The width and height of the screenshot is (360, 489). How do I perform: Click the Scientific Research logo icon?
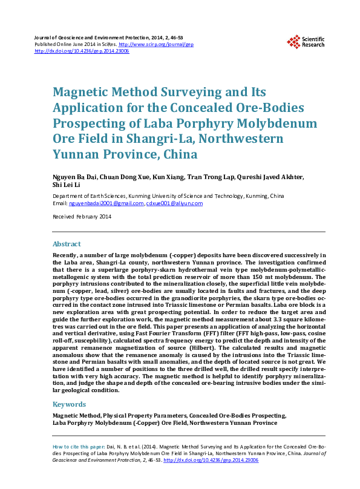click(x=294, y=42)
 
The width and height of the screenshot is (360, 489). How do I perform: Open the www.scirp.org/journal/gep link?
click(x=156, y=45)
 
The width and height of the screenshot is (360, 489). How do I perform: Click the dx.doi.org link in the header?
click(x=82, y=51)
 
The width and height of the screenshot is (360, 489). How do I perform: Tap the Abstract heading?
click(x=67, y=244)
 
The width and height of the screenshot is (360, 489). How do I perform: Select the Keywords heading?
click(x=69, y=404)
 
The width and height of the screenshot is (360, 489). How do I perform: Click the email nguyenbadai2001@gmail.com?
click(x=106, y=203)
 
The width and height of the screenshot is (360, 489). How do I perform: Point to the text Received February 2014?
click(x=82, y=216)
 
